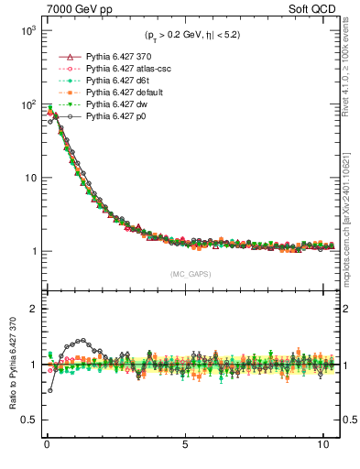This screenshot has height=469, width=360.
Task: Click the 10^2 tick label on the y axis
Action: click(x=27, y=104)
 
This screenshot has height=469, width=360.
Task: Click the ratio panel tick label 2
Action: click(x=32, y=310)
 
